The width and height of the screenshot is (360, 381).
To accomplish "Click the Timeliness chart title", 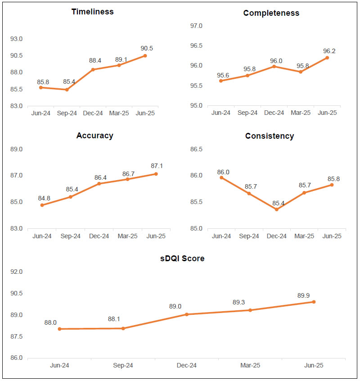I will [x=92, y=12].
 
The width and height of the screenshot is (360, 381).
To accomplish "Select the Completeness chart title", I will [x=271, y=13].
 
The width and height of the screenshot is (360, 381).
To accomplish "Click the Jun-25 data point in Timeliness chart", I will [x=145, y=56].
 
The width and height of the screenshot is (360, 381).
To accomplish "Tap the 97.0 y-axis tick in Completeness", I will [x=197, y=26].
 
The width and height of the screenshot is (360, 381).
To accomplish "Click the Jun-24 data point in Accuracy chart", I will [x=42, y=205].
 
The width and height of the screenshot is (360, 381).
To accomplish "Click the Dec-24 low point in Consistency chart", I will [x=277, y=209].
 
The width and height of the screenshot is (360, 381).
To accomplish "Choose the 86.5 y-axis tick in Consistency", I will [x=197, y=149].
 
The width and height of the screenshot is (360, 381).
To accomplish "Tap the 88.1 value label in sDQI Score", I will [x=114, y=319].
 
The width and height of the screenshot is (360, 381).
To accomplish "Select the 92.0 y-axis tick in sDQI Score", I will [x=17, y=272].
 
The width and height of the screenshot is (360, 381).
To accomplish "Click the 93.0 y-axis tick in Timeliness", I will [x=17, y=39].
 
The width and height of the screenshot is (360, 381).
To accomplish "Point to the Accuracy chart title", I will [x=94, y=136].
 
